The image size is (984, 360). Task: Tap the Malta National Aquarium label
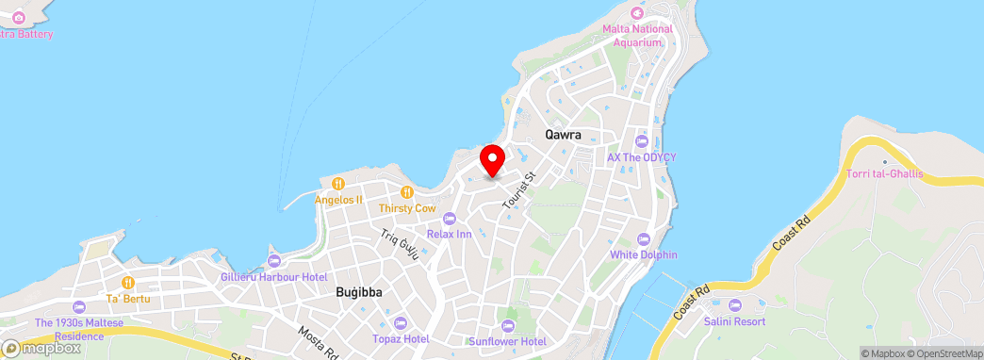(638, 35)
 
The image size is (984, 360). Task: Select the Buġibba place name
(359, 292)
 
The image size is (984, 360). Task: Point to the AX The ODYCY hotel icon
(642, 141)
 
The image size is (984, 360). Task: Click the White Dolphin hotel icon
(644, 238)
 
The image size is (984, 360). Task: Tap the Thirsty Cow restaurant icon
(407, 191)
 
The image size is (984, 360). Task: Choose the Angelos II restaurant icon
(338, 183)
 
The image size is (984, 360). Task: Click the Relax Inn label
(449, 234)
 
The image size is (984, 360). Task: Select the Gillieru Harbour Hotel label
(273, 277)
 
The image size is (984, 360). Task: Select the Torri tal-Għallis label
(884, 174)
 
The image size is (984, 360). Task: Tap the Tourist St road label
(518, 189)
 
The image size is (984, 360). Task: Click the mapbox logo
(41, 348)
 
